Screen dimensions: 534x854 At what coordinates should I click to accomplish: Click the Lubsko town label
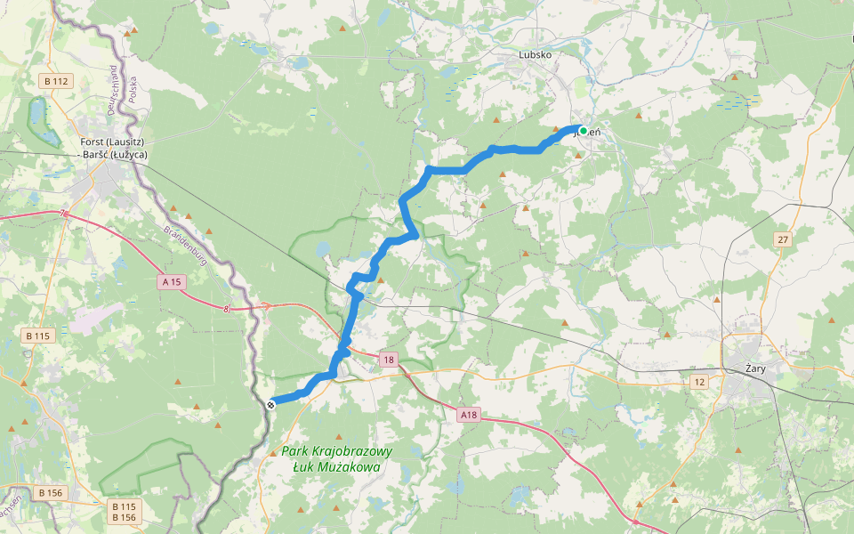pos(536,54)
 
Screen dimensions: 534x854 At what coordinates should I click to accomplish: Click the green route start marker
pos(583,131)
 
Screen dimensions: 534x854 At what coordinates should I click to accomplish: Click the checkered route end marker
pos(270,402)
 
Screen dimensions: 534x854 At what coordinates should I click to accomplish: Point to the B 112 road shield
pos(55,81)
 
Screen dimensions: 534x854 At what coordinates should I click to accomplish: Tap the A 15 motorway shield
pos(172,281)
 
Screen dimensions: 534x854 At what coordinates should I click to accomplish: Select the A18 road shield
pos(469,415)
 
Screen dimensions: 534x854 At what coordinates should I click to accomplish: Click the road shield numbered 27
pos(782,239)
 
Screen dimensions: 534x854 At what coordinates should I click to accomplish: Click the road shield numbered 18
pos(388,360)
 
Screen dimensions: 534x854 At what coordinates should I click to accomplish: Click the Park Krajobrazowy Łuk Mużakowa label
pos(336,459)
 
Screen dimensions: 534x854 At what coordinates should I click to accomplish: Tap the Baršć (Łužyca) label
pos(114,155)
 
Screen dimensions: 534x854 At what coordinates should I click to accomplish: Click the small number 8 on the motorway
pos(227,309)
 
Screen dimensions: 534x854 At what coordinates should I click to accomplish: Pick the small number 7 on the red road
pos(64,214)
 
